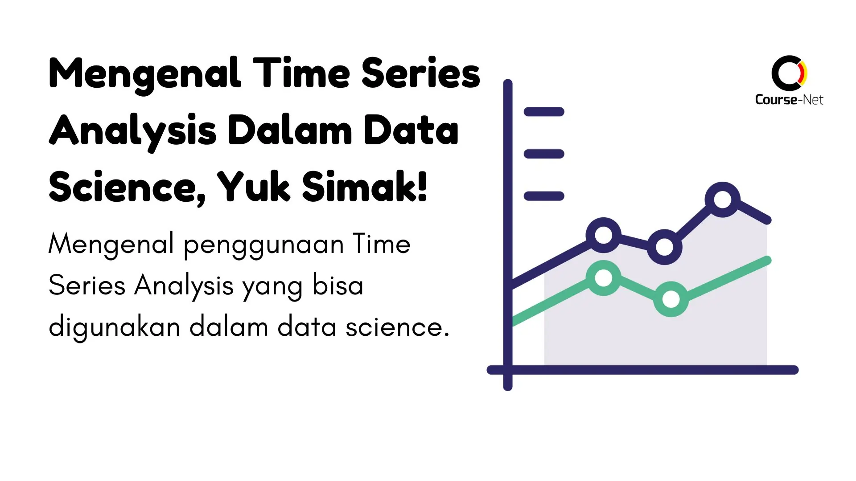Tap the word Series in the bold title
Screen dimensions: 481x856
(420, 73)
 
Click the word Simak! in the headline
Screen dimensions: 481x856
(365, 187)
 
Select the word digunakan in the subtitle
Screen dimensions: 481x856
(114, 327)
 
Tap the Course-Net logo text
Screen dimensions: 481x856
(789, 100)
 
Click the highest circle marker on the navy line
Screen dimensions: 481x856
(722, 200)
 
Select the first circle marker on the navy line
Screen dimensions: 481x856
(604, 235)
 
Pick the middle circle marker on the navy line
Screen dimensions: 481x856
(664, 247)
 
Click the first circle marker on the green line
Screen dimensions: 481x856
(604, 278)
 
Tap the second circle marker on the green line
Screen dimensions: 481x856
(671, 299)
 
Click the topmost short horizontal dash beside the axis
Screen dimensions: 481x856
(544, 112)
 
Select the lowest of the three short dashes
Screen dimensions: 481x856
(544, 196)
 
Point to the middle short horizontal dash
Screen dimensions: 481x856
(544, 154)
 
